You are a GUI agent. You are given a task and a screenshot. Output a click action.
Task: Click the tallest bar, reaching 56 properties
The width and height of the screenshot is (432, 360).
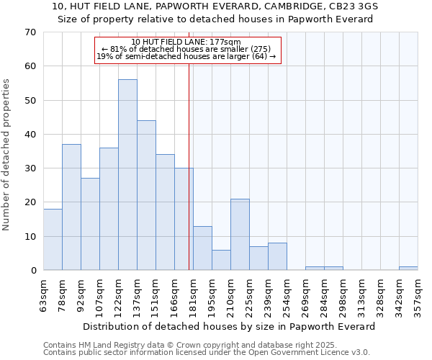pyautogui.click(x=127, y=175)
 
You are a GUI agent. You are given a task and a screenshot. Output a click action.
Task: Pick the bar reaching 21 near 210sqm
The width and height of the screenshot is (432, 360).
pyautogui.click(x=240, y=235)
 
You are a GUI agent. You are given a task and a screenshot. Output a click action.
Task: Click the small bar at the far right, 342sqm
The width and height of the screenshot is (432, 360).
pyautogui.click(x=408, y=269)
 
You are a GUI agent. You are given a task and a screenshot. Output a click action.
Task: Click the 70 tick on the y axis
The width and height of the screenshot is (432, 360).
pyautogui.click(x=30, y=32)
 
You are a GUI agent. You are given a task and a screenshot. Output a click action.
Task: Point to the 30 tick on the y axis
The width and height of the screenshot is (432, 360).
pyautogui.click(x=30, y=168)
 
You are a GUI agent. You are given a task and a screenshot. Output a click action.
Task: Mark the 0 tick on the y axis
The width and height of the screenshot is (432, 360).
pyautogui.click(x=32, y=271)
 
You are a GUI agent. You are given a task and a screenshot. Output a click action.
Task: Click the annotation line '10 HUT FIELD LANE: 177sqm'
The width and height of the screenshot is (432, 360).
pyautogui.click(x=186, y=42)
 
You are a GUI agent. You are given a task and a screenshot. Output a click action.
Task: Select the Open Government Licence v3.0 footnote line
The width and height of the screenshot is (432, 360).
pyautogui.click(x=207, y=352)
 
